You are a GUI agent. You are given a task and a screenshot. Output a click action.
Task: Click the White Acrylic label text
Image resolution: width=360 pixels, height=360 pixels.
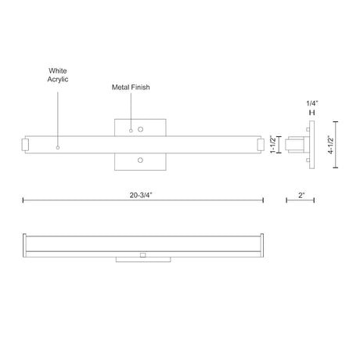tap(58, 75)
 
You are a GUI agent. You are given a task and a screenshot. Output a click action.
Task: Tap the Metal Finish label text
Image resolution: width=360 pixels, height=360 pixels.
tap(131, 87)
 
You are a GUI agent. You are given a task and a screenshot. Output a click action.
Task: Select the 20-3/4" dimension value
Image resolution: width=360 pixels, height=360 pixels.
tap(141, 195)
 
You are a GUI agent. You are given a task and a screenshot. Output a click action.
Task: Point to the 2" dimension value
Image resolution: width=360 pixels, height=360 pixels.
tap(301, 195)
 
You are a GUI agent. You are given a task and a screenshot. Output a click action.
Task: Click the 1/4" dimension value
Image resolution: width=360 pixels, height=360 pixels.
tap(312, 103)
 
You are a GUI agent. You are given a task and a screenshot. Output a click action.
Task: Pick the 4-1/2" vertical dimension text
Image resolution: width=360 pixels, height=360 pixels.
tap(331, 145)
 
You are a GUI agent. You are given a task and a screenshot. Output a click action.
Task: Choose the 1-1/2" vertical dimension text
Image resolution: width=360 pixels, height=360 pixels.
tap(273, 145)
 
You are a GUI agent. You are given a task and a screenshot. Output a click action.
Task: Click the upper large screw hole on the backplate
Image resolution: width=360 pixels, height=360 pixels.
tap(141, 129)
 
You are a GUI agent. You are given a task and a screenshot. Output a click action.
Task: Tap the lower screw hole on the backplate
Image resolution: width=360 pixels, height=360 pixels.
tap(140, 160)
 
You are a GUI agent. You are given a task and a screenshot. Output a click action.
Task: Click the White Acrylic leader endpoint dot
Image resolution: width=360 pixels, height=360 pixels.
tap(58, 148)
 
